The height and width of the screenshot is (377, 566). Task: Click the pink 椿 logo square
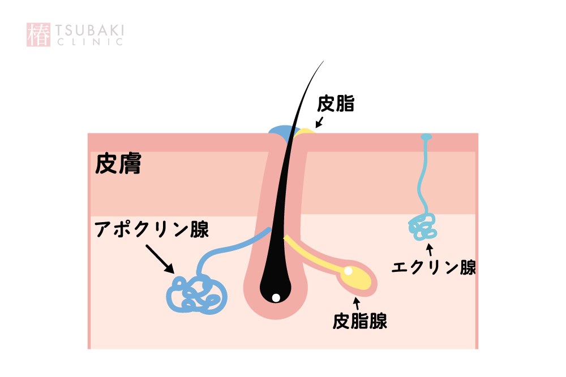[x=38, y=34]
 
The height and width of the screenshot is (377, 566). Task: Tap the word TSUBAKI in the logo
[x=90, y=31]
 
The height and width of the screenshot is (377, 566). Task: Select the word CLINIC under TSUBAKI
[x=90, y=42]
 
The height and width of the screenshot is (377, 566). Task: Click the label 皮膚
[x=118, y=164]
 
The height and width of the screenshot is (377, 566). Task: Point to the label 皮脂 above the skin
[x=335, y=103]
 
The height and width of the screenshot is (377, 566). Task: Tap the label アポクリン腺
[x=152, y=229]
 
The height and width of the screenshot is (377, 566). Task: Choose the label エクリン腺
[x=434, y=267]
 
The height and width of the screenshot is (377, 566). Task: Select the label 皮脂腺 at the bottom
[x=360, y=321]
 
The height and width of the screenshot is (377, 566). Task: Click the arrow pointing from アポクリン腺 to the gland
[x=160, y=259]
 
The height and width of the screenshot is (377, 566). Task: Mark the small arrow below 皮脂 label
[x=319, y=122]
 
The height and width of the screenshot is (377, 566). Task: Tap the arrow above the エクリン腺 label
[x=430, y=249]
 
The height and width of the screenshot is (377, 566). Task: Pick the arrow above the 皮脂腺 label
[x=357, y=303]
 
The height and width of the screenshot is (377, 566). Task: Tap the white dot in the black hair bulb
[x=276, y=298]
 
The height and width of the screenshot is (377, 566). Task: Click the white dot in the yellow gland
[x=348, y=271]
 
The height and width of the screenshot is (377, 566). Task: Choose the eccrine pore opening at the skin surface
[x=427, y=137]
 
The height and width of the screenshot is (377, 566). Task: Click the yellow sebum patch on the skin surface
[x=306, y=131]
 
